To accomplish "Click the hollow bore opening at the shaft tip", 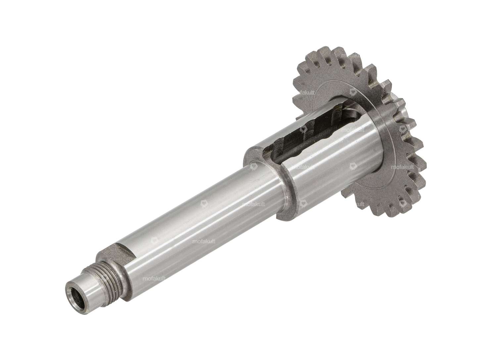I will point(73,287).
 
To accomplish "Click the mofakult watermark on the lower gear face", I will point(402,167).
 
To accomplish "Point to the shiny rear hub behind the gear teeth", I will point(399,99).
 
